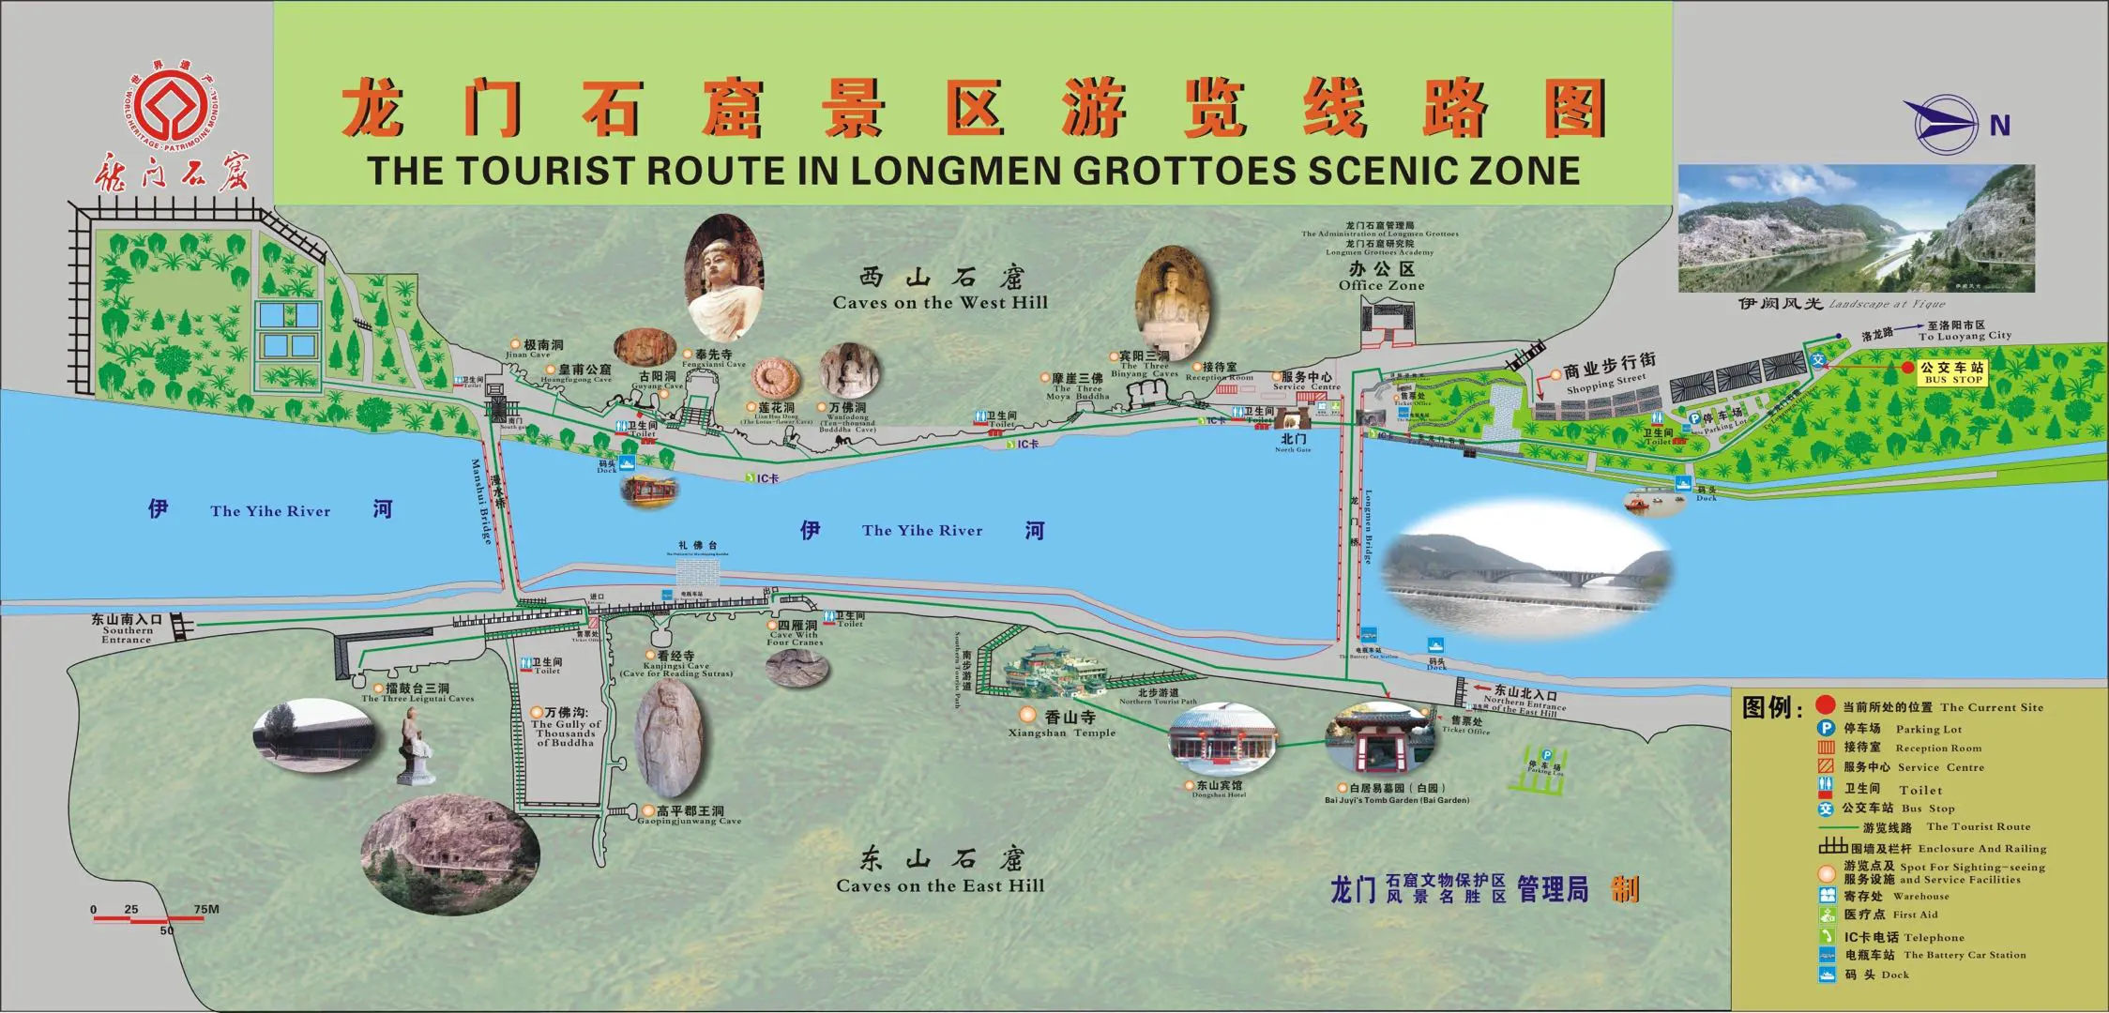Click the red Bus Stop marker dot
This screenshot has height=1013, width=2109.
[x=1907, y=368]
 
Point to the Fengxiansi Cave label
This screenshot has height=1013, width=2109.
[x=713, y=359]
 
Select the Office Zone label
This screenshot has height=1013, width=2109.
[x=1381, y=277]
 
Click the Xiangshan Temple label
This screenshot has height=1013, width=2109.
[x=1062, y=724]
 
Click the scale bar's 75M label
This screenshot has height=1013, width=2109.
[x=206, y=909]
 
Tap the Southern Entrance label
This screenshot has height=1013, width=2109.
[x=127, y=629]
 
